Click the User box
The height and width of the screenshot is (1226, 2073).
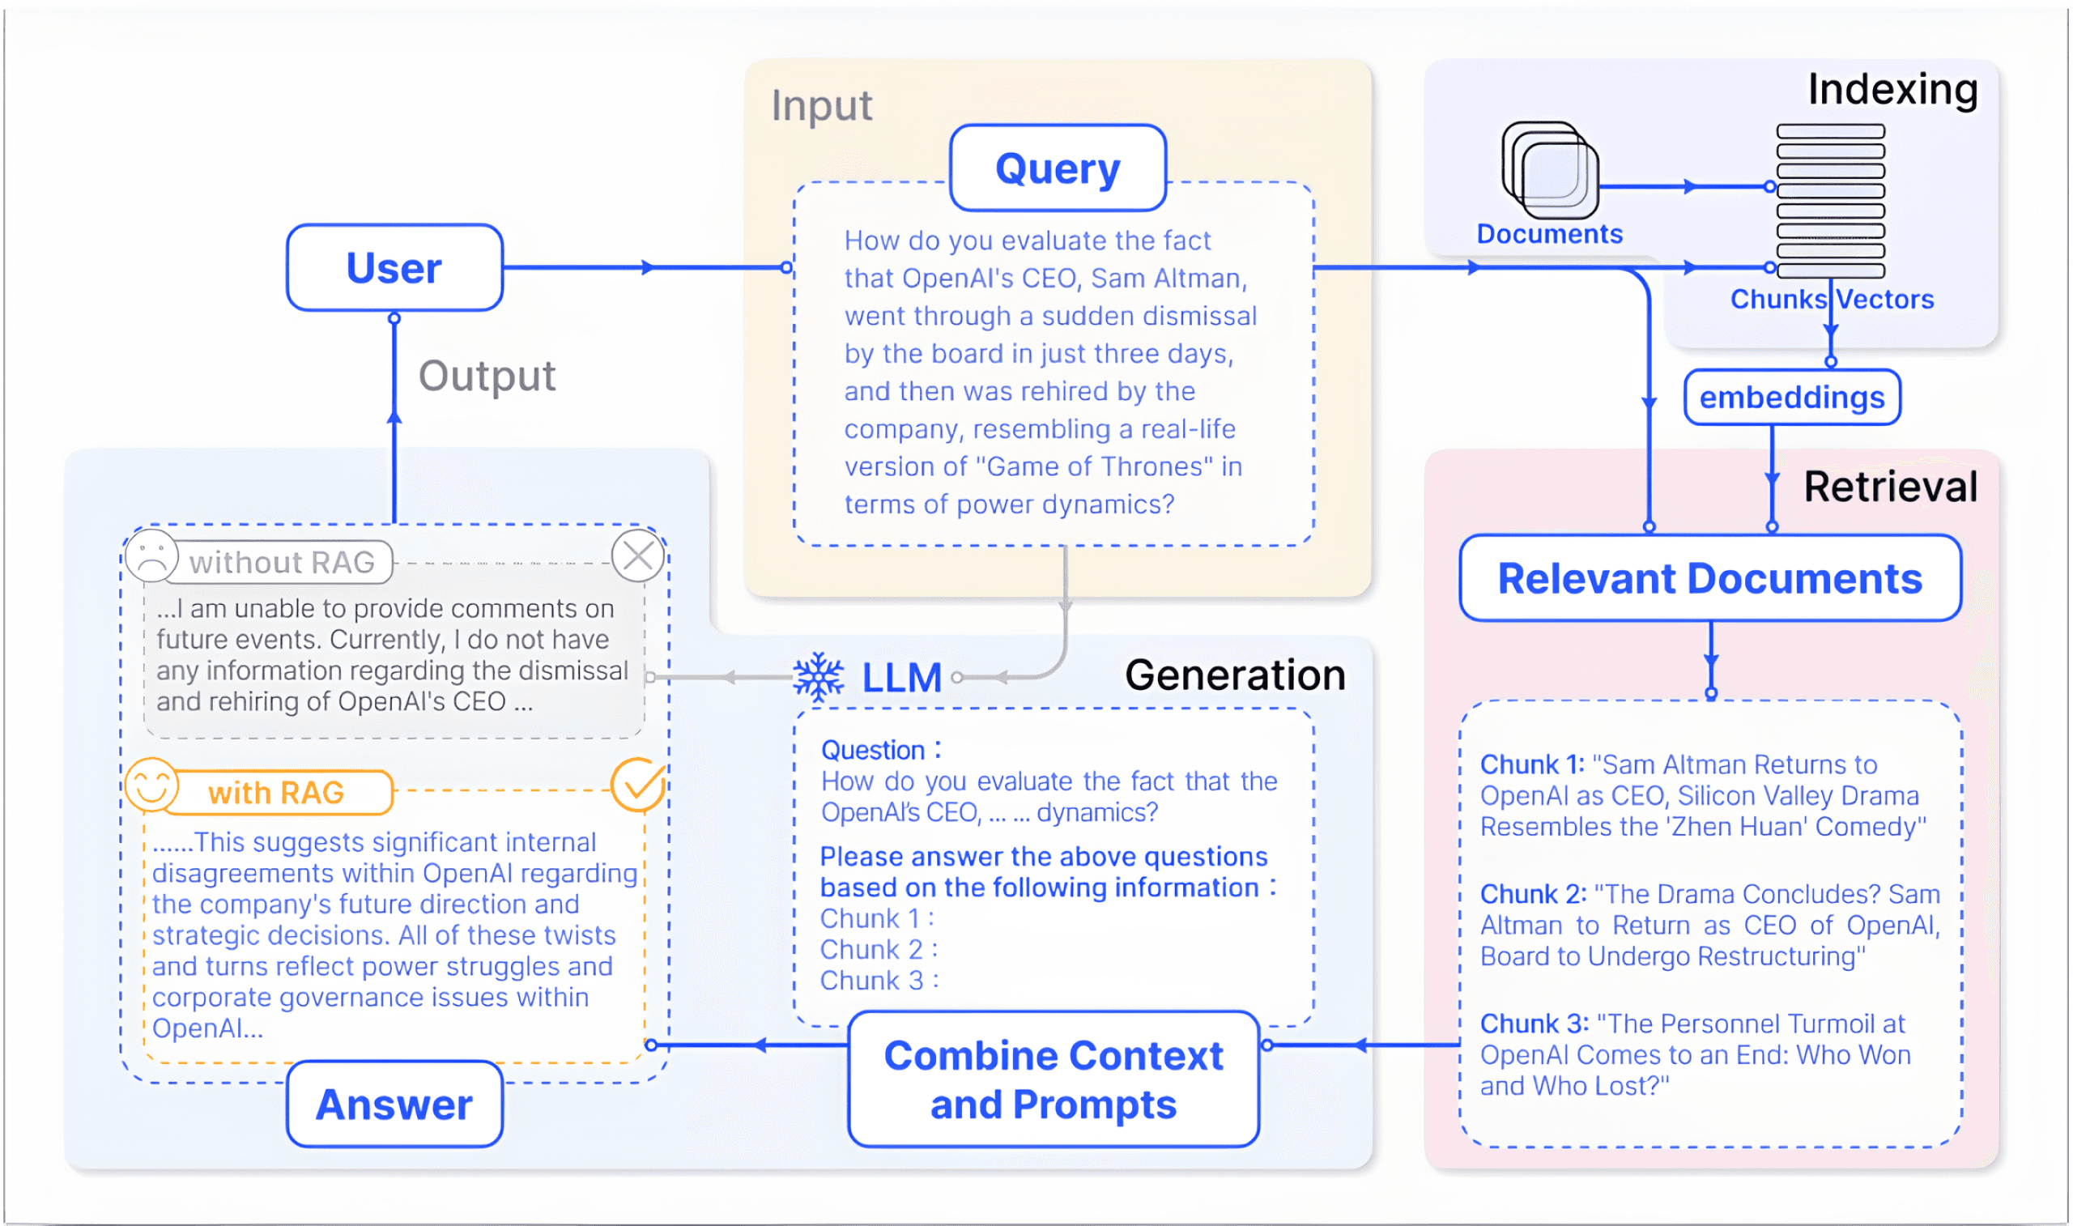395,268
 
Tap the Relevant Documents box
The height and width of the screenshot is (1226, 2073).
1709,578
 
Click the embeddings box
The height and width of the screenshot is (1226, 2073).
1791,398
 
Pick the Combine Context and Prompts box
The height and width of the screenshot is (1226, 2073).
1053,1079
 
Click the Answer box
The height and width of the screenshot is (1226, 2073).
395,1105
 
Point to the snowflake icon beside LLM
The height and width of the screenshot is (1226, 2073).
819,678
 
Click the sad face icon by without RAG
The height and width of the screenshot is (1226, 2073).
152,556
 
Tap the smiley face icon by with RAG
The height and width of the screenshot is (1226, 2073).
152,785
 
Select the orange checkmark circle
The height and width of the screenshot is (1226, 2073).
638,785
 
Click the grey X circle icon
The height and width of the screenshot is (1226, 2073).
638,556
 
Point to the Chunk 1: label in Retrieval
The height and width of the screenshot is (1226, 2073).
1531,765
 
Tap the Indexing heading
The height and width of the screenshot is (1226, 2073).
1892,89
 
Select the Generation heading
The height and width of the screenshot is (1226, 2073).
1235,676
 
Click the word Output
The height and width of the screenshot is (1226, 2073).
487,377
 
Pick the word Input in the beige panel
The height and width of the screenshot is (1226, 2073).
822,106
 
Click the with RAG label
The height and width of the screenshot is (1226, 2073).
276,793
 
